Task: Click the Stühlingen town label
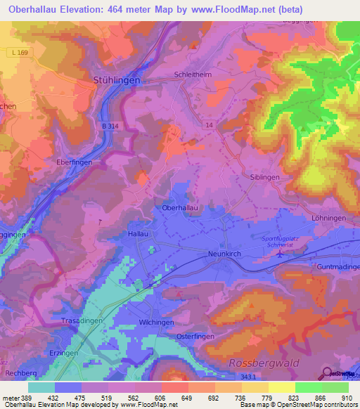(117, 81)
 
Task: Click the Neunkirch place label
(225, 254)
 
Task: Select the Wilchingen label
(156, 323)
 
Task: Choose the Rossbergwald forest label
(264, 363)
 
